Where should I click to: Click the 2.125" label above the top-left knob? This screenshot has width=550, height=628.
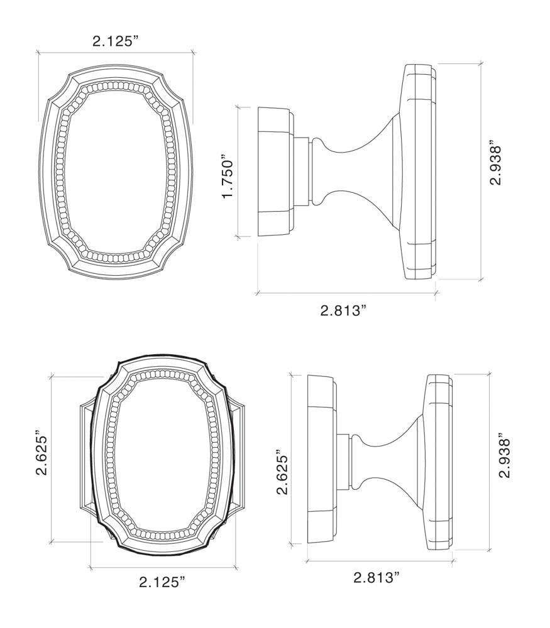tap(116, 41)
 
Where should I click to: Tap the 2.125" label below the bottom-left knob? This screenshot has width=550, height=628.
tap(162, 582)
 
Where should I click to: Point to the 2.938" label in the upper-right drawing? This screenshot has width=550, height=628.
tap(496, 165)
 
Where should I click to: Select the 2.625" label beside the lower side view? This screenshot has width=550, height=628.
tap(282, 472)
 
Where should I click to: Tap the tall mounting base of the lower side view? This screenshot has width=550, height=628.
tap(320, 460)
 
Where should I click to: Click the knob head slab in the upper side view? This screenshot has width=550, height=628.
tap(417, 171)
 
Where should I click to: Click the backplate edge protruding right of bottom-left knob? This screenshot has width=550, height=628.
tap(240, 455)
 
